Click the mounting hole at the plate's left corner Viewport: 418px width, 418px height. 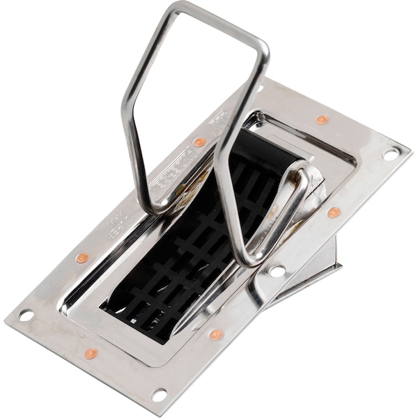tap(26, 315)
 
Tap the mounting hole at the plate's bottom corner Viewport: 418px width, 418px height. tap(159, 395)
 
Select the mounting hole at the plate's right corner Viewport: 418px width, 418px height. tap(391, 153)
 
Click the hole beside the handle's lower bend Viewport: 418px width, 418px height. tap(277, 270)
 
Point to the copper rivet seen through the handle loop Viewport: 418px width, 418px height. tap(199, 142)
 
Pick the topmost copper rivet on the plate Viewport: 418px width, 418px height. tap(321, 119)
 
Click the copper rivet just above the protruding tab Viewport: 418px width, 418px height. tap(334, 212)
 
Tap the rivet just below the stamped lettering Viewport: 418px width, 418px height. tap(82, 258)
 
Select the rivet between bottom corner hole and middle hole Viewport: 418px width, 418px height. tap(217, 335)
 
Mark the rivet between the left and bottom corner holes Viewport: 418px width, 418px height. tap(91, 354)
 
